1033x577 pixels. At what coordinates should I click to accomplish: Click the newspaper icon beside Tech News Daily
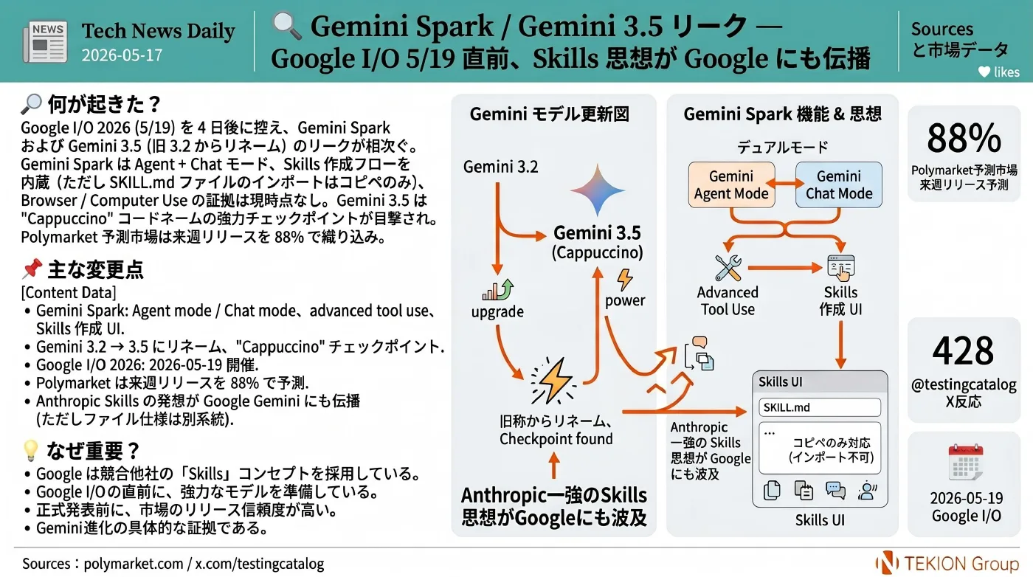(x=45, y=41)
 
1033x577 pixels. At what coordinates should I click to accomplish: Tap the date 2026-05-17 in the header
(x=122, y=55)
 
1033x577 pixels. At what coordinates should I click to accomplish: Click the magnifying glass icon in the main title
(x=286, y=26)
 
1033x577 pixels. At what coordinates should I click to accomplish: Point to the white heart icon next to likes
(x=984, y=72)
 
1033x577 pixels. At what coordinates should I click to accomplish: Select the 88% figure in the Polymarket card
(x=964, y=138)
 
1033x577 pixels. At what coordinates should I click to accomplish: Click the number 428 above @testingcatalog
(x=963, y=350)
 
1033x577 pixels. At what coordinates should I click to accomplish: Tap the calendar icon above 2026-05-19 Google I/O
(x=966, y=463)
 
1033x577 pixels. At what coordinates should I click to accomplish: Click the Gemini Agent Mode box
(x=731, y=184)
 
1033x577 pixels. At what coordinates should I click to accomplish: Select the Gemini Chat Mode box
(x=839, y=184)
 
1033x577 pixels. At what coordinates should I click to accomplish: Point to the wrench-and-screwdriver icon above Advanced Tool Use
(x=728, y=268)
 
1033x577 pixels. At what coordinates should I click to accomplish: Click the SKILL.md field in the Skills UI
(x=820, y=407)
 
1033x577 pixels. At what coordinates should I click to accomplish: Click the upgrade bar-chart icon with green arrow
(x=497, y=290)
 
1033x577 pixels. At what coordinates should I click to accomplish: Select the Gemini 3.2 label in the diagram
(x=500, y=167)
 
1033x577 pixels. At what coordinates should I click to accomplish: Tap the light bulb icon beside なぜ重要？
(x=30, y=451)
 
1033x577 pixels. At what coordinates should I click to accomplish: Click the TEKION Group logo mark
(x=887, y=563)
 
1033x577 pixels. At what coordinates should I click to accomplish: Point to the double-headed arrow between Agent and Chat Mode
(x=785, y=184)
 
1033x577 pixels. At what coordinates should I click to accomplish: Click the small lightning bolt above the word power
(x=625, y=280)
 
